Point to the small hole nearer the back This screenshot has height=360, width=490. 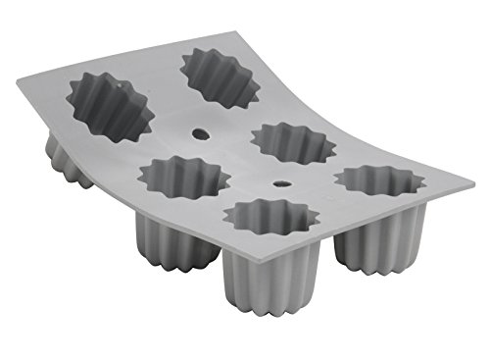pyautogui.click(x=202, y=132)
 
